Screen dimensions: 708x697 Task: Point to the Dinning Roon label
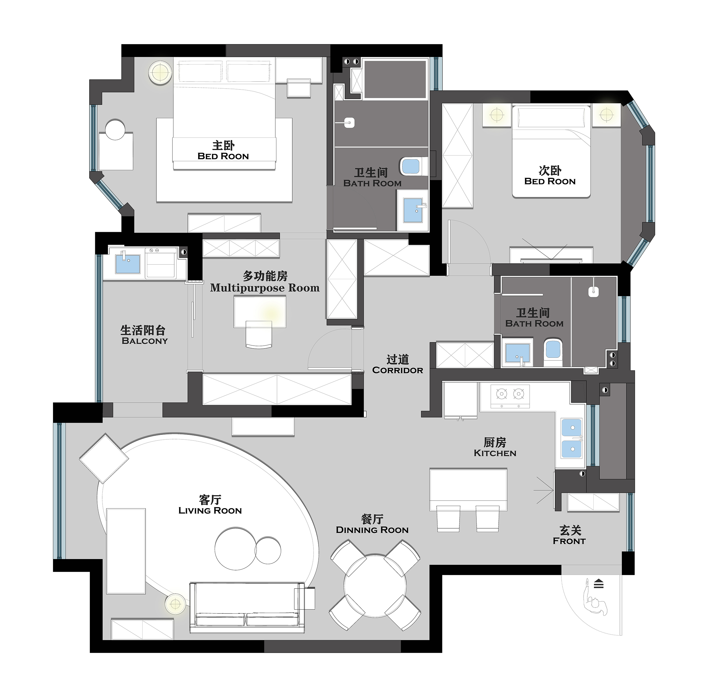(x=372, y=530)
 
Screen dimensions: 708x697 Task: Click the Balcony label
(x=145, y=341)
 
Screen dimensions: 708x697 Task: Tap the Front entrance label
(x=569, y=541)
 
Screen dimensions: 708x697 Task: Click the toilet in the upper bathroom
(x=413, y=166)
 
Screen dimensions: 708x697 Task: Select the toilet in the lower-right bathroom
(x=553, y=352)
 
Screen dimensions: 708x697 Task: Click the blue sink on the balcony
(x=127, y=264)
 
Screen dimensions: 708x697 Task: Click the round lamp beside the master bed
(x=160, y=72)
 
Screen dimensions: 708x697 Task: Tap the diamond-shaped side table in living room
(x=104, y=458)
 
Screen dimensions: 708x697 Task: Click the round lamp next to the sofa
(x=176, y=604)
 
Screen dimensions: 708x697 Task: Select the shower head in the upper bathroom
(x=350, y=123)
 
